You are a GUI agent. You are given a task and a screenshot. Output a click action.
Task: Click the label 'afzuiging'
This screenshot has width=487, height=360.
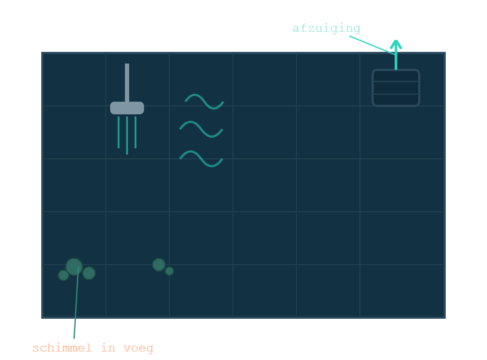click(327, 29)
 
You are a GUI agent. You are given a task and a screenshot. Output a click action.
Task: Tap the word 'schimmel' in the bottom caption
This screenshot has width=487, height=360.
click(62, 348)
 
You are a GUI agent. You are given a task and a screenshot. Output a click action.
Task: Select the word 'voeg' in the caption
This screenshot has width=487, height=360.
click(139, 348)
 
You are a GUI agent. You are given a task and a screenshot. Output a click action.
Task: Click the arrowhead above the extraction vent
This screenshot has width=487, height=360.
click(396, 44)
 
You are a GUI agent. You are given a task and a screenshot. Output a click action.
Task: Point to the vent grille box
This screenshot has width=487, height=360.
click(396, 87)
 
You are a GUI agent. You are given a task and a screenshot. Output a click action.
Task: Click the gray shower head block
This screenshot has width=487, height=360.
click(127, 108)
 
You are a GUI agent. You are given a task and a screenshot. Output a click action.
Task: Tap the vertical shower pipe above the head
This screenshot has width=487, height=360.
click(127, 83)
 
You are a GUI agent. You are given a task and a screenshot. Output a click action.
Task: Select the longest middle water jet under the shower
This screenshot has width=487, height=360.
click(127, 136)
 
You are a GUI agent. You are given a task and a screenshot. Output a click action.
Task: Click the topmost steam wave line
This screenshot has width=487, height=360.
click(204, 102)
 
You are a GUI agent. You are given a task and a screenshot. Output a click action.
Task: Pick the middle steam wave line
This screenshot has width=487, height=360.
click(201, 129)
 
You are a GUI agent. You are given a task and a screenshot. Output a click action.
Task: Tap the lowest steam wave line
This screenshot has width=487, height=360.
click(201, 159)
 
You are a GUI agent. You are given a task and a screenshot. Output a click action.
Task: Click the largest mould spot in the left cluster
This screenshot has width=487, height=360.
click(74, 267)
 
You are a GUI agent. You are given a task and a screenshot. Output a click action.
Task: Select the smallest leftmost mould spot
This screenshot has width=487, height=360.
click(64, 275)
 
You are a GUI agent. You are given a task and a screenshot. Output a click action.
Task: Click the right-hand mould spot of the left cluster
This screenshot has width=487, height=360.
click(89, 273)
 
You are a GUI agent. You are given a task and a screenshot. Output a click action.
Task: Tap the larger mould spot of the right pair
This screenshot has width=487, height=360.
click(159, 265)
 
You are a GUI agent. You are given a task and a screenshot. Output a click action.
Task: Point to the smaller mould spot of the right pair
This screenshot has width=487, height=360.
click(169, 271)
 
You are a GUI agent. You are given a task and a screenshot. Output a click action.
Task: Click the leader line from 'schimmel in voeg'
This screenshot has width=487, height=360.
click(76, 303)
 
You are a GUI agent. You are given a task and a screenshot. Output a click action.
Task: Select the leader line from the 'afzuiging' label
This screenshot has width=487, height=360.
click(372, 46)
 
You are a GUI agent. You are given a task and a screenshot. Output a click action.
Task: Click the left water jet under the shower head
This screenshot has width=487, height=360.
click(119, 132)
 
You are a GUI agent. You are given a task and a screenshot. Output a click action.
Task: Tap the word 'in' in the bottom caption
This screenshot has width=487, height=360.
click(108, 348)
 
